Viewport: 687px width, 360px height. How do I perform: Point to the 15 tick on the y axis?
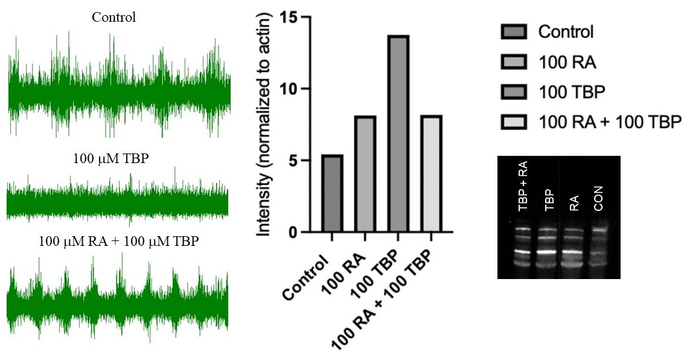click(x=289, y=18)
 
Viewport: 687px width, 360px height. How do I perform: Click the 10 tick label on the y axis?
click(x=289, y=89)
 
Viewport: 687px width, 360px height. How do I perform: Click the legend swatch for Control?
click(x=515, y=31)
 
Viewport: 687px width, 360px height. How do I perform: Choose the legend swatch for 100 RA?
click(x=515, y=62)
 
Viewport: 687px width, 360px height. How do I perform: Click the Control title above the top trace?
click(x=113, y=17)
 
